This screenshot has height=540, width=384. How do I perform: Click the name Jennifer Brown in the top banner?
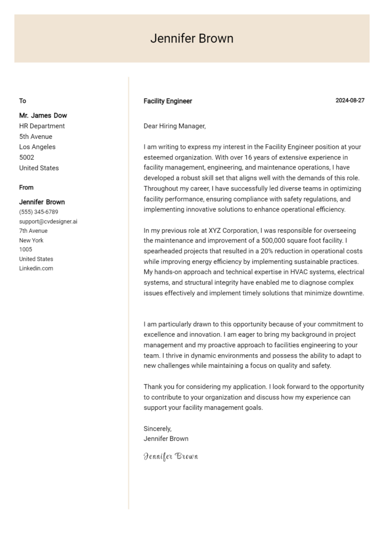pyautogui.click(x=191, y=39)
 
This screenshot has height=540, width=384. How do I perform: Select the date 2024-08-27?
pyautogui.click(x=349, y=100)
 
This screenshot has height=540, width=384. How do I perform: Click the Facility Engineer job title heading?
pyautogui.click(x=167, y=101)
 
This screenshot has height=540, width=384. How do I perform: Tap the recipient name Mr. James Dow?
pyautogui.click(x=43, y=115)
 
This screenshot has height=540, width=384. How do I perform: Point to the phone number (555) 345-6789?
pyautogui.click(x=38, y=212)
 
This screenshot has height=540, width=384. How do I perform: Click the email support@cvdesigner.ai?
pyautogui.click(x=48, y=221)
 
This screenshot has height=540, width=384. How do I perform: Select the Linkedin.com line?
pyautogui.click(x=36, y=268)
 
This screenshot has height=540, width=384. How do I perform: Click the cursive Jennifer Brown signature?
pyautogui.click(x=170, y=456)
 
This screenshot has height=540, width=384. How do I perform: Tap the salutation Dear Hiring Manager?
pyautogui.click(x=174, y=126)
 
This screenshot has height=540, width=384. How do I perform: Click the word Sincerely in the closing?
pyautogui.click(x=157, y=429)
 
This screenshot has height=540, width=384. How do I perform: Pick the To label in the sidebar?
pyautogui.click(x=22, y=101)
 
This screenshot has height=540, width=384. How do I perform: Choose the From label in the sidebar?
pyautogui.click(x=26, y=187)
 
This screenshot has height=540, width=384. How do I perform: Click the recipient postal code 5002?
pyautogui.click(x=26, y=157)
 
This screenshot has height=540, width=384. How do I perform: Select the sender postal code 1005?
pyautogui.click(x=25, y=249)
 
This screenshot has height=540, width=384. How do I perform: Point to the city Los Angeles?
pyautogui.click(x=37, y=147)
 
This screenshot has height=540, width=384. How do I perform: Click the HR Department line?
pyautogui.click(x=42, y=126)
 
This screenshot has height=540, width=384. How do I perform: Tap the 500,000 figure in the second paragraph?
pyautogui.click(x=279, y=240)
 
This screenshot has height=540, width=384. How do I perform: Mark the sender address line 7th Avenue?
pyautogui.click(x=33, y=231)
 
